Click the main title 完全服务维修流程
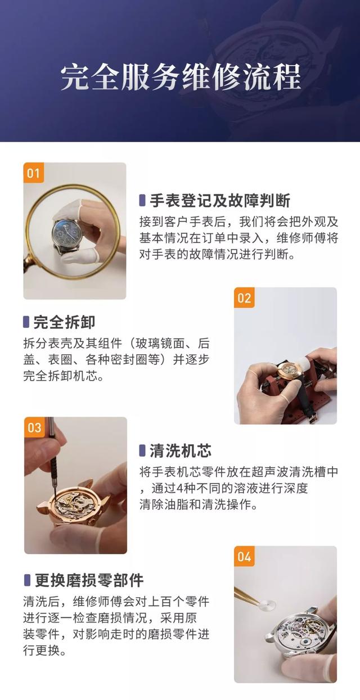(x=181, y=77)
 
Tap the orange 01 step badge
(x=33, y=173)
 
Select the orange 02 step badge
(x=244, y=297)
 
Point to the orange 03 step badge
(x=34, y=427)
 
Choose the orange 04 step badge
(x=244, y=556)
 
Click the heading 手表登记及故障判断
(x=220, y=200)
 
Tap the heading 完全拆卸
(x=64, y=322)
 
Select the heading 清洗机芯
(x=181, y=450)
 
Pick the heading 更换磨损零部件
(x=89, y=580)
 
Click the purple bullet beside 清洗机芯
(x=142, y=451)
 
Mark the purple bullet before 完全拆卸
(x=26, y=322)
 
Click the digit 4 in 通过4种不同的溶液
(x=179, y=488)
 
